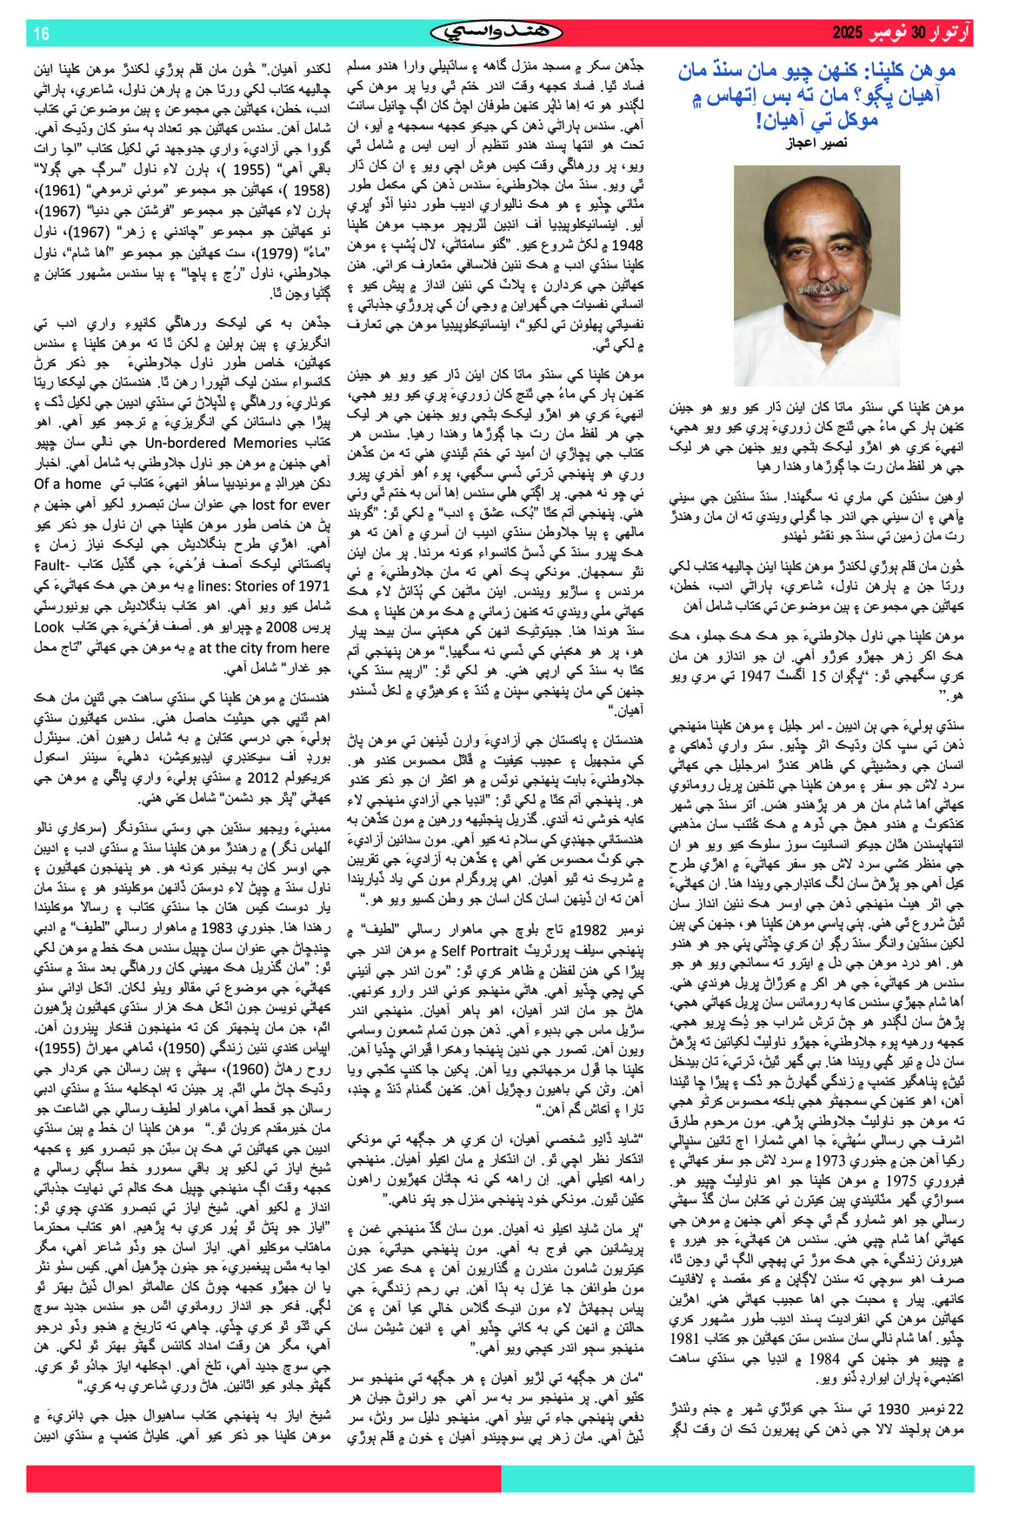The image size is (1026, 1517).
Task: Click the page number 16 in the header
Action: coord(41,34)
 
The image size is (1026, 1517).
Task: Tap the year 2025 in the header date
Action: coord(846,34)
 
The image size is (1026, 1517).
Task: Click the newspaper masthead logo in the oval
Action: coord(495,33)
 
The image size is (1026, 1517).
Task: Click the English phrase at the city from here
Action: coord(264,647)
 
